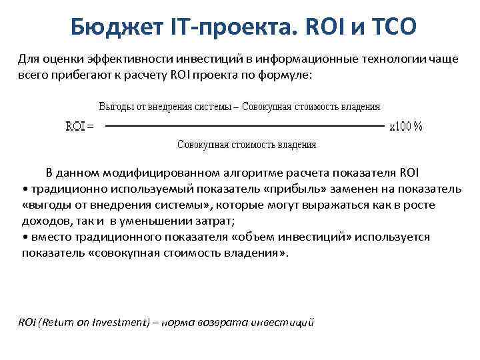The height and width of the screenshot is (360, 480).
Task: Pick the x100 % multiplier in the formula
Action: coord(406,126)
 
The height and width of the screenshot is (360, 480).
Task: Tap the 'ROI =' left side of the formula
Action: coord(79,126)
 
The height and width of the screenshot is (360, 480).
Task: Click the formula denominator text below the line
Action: coord(246,145)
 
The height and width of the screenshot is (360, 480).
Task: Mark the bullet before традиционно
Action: coord(24,189)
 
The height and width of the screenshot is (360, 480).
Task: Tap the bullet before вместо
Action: coord(24,237)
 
